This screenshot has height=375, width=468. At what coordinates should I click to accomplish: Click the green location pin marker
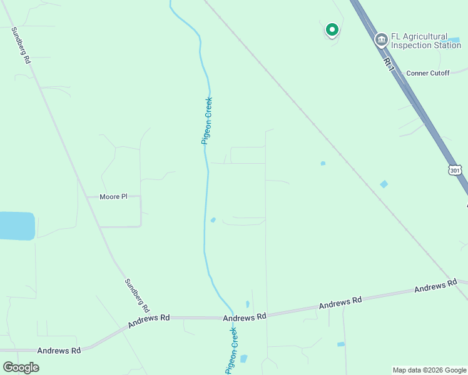pyautogui.click(x=332, y=29)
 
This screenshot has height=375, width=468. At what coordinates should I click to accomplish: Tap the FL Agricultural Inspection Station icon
pyautogui.click(x=381, y=41)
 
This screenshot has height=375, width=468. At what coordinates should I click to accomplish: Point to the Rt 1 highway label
pyautogui.click(x=389, y=64)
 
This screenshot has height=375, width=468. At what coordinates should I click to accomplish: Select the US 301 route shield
pyautogui.click(x=455, y=170)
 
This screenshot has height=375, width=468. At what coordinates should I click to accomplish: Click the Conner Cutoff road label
pyautogui.click(x=428, y=73)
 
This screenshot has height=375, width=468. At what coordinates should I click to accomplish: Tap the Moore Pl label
pyautogui.click(x=113, y=197)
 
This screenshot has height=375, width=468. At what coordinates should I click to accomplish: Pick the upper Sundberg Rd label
pyautogui.click(x=20, y=45)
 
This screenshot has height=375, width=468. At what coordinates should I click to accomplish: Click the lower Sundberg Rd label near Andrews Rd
pyautogui.click(x=136, y=296)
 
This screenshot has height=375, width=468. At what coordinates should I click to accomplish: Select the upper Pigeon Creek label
pyautogui.click(x=207, y=121)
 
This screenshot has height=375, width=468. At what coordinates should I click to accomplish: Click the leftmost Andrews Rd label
pyautogui.click(x=59, y=351)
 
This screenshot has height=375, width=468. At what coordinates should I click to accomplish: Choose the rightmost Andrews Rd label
pyautogui.click(x=435, y=287)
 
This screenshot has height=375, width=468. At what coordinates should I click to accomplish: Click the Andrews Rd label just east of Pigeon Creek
pyautogui.click(x=340, y=302)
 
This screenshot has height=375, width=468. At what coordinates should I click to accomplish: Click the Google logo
pyautogui.click(x=21, y=367)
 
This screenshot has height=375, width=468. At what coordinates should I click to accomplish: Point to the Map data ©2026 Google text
pyautogui.click(x=429, y=370)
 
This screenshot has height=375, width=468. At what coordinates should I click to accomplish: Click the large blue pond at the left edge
pyautogui.click(x=16, y=226)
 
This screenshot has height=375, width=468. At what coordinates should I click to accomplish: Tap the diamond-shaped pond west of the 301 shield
pyautogui.click(x=384, y=184)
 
